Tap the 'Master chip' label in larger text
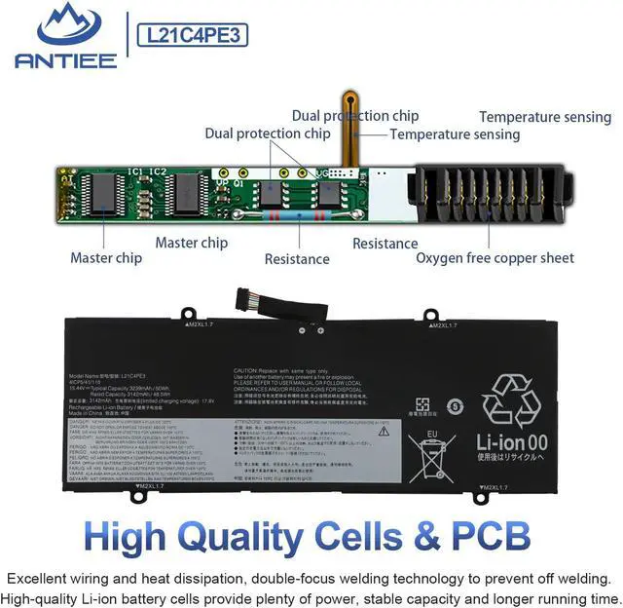(193, 243)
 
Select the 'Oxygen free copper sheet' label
(495, 258)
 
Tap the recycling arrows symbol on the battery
(517, 399)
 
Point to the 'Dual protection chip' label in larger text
(355, 116)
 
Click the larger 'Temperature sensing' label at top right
(544, 117)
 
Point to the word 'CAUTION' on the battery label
(246, 370)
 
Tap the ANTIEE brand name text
(66, 60)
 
